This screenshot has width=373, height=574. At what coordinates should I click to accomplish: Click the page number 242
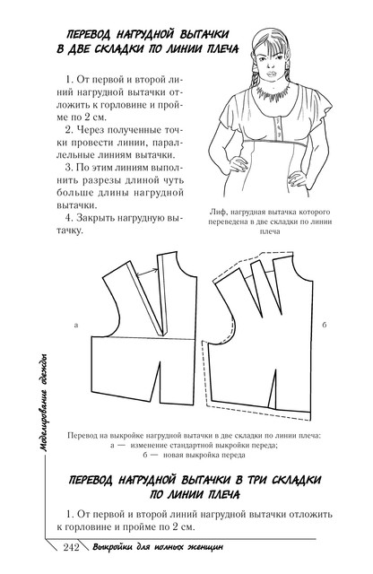[x=72, y=547]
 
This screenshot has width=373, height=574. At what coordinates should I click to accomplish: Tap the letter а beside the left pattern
[x=76, y=325]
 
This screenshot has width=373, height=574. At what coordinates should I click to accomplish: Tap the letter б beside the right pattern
[x=325, y=325]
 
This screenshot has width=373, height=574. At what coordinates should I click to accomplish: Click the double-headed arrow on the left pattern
[x=147, y=273]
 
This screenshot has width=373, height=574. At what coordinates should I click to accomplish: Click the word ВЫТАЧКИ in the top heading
[x=204, y=34]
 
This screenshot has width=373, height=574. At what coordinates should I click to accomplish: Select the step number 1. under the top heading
[x=70, y=80]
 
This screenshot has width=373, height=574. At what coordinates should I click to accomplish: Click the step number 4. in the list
[x=70, y=217]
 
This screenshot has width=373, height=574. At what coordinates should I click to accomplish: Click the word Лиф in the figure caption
[x=216, y=212]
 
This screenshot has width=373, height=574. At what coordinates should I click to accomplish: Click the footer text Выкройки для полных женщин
[x=158, y=548]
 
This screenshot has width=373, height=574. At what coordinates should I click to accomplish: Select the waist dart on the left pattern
[x=156, y=381]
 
